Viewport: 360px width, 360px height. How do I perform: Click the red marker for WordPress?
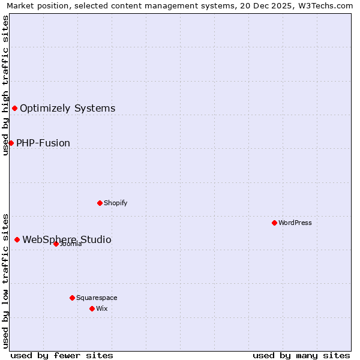point(274,223)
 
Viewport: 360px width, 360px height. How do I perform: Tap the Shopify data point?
point(100,203)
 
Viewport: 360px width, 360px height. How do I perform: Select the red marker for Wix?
point(92,308)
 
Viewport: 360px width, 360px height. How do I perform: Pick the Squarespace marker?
point(72,298)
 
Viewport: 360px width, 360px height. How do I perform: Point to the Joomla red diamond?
point(56,244)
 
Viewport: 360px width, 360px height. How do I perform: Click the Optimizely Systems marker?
point(14,108)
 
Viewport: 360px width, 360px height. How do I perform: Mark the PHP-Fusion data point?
point(11,143)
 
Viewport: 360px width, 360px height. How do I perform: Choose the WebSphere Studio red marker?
point(17,239)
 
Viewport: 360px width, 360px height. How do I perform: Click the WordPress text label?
point(295,223)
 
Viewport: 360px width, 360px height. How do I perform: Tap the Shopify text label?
point(116,203)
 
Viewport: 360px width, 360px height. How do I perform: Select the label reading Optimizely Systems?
point(67,109)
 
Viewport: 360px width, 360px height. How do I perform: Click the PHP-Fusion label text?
point(43,143)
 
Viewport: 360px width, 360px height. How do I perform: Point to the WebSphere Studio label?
point(67,240)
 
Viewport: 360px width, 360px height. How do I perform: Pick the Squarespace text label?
point(97,298)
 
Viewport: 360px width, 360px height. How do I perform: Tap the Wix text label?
point(101,308)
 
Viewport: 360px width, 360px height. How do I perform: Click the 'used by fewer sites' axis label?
point(62,355)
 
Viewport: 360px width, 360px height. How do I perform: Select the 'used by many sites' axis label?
point(301,355)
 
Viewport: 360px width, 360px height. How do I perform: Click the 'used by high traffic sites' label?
point(5,85)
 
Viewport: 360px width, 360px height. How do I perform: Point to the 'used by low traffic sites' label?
point(5,280)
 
